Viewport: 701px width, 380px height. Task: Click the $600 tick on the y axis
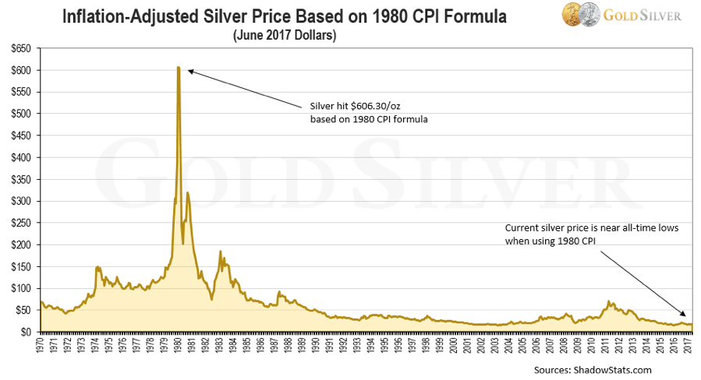click(x=20, y=70)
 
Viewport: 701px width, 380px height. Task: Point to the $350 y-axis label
click(x=20, y=179)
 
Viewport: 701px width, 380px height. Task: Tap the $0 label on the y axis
click(x=26, y=332)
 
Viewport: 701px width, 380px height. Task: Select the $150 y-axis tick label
click(x=20, y=266)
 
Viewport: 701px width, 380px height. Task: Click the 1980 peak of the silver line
click(x=179, y=68)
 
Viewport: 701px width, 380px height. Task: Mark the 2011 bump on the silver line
click(x=609, y=301)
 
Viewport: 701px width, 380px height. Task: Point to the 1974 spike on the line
click(x=97, y=267)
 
